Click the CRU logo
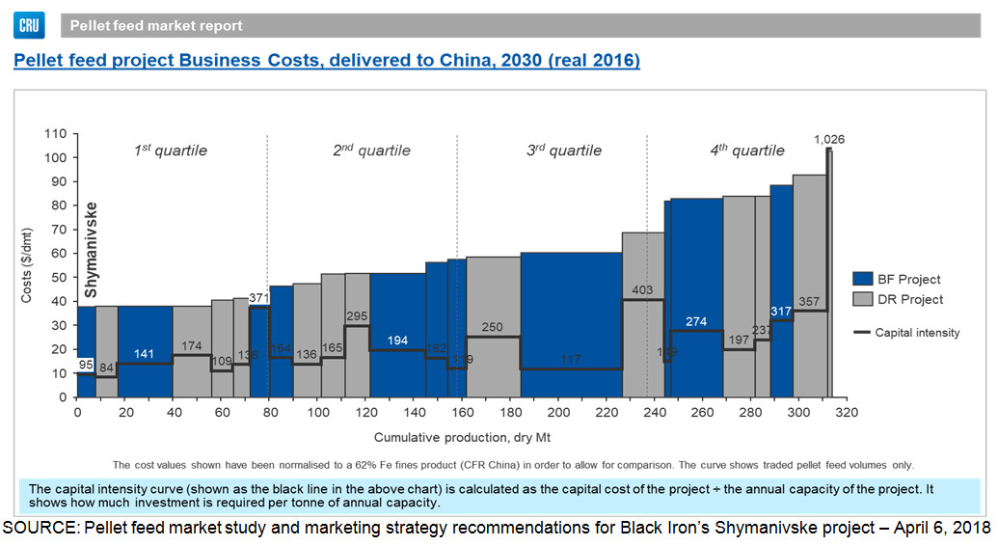pos(30,24)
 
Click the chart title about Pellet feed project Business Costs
pos(326,61)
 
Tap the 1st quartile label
pos(170,150)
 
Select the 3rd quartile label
pos(563,150)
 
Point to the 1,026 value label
pos(828,140)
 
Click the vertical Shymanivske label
pos(91,249)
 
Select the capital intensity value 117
pos(570,360)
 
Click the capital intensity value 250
pos(493,328)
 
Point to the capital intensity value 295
pos(357,316)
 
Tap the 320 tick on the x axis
pos(847,413)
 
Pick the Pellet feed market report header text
pos(156,26)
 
